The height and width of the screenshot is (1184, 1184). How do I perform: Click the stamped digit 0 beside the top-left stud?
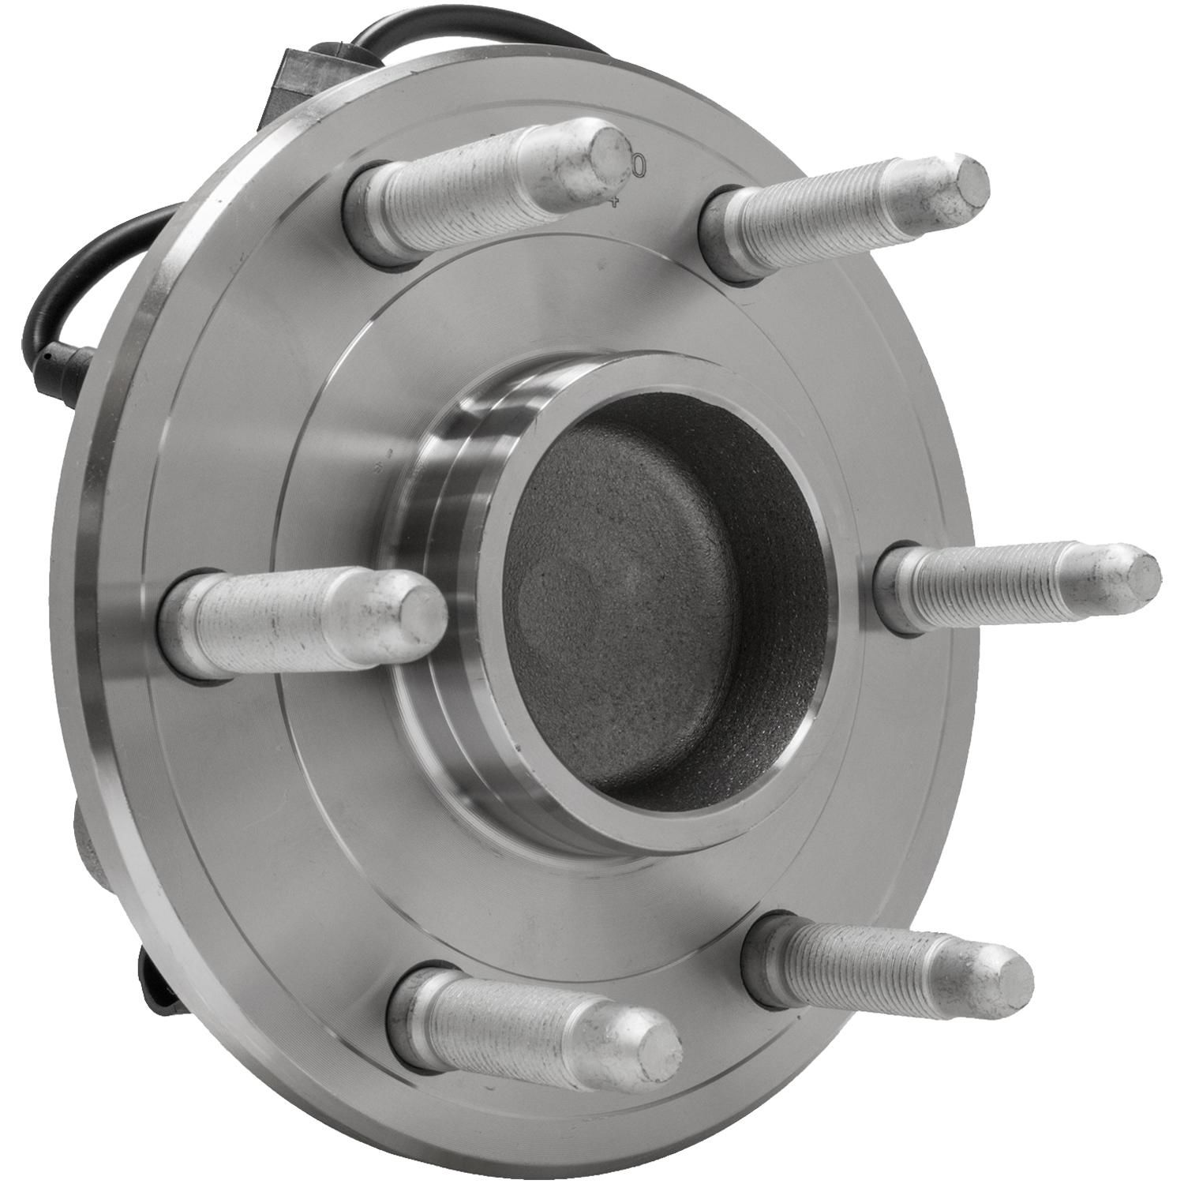tap(639, 166)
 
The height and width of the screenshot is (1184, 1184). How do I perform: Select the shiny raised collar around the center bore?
tap(442, 505)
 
